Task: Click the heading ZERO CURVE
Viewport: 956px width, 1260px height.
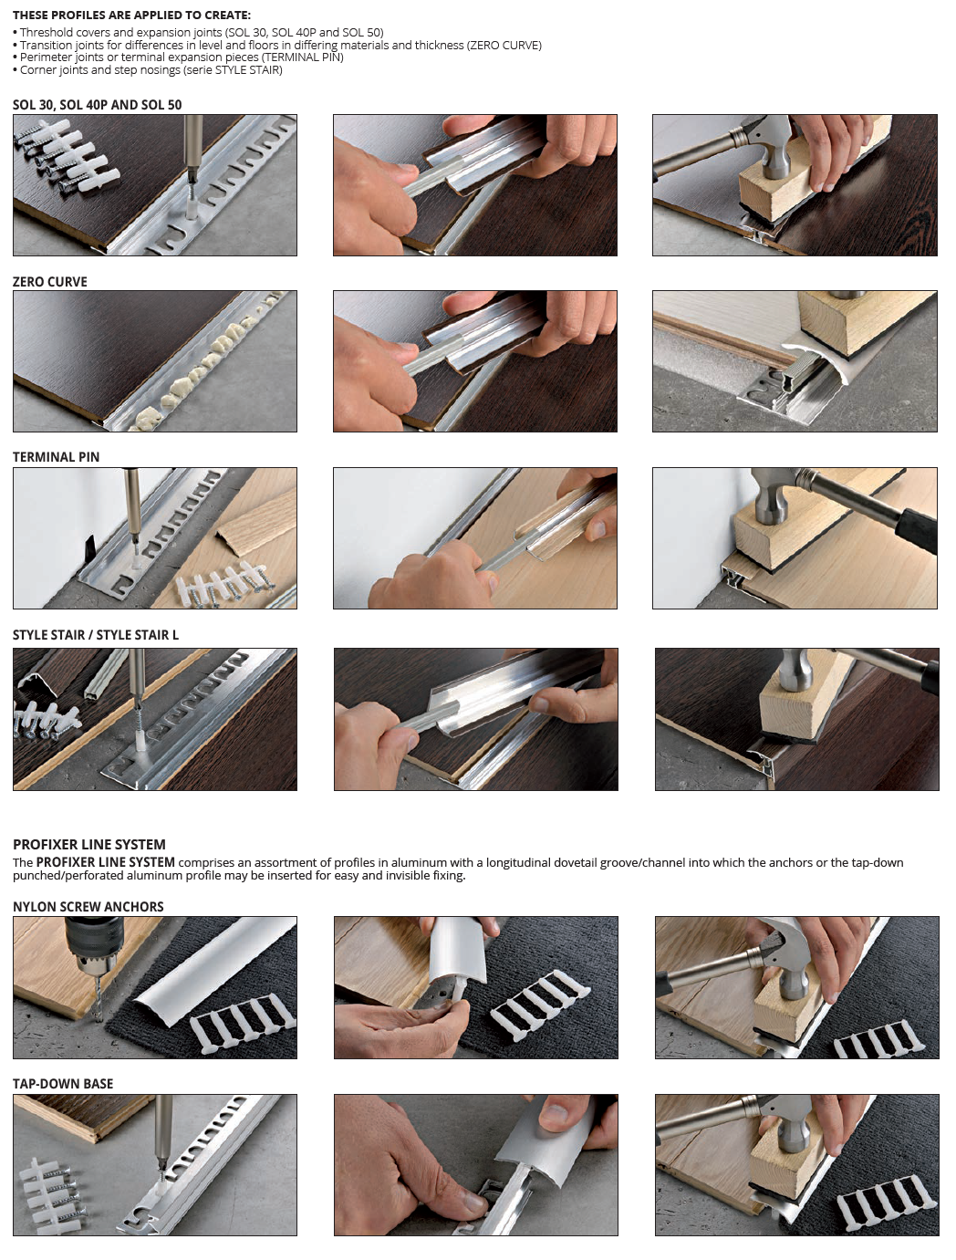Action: [x=50, y=281]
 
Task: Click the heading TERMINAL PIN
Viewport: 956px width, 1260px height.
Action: [x=57, y=457]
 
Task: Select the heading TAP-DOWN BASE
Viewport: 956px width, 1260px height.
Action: [x=63, y=1083]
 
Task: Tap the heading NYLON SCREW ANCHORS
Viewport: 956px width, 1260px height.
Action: [x=88, y=906]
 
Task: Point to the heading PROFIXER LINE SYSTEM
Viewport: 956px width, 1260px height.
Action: [x=89, y=844]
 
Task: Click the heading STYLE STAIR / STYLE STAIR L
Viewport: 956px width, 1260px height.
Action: [x=96, y=635]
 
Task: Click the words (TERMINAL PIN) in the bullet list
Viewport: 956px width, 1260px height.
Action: [x=303, y=57]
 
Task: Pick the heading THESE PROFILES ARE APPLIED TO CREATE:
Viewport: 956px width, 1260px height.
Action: [x=131, y=15]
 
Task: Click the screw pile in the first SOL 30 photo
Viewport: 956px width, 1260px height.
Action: [x=66, y=155]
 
